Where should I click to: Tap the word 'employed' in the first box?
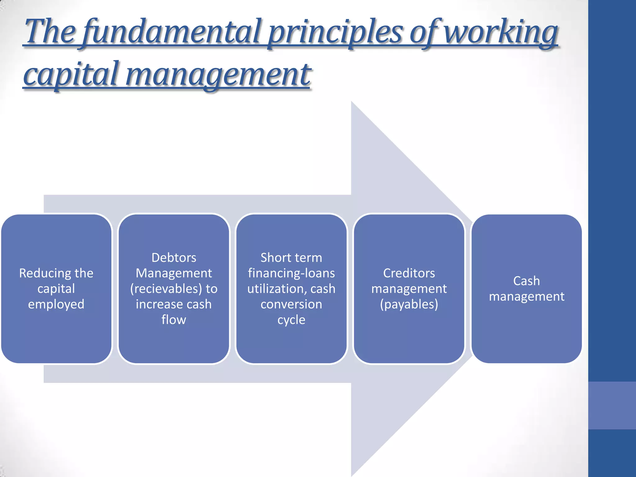(56, 304)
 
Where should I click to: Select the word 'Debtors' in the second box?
(174, 258)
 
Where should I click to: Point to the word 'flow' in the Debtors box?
(174, 320)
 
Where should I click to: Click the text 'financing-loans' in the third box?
(291, 273)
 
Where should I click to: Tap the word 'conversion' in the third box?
(291, 304)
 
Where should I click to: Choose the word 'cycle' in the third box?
(291, 320)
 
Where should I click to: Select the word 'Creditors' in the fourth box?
(409, 273)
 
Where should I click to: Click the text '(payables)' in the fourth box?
(409, 304)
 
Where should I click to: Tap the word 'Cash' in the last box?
(526, 281)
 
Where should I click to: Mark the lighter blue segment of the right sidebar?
(612, 405)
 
